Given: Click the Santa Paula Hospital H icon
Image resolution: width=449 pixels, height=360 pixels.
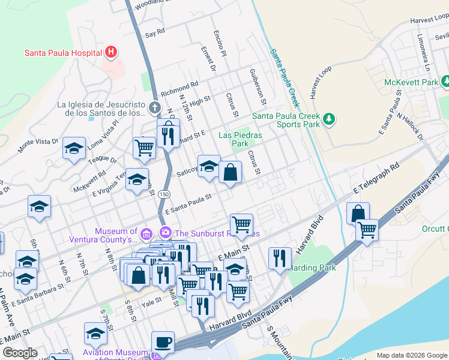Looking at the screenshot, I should pyautogui.click(x=110, y=52).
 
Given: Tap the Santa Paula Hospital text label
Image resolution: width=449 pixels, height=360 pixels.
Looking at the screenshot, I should pyautogui.click(x=62, y=53).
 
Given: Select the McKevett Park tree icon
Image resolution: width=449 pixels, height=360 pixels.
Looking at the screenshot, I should pyautogui.click(x=445, y=81).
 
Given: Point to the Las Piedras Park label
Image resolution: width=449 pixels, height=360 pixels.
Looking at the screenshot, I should pyautogui.click(x=241, y=139).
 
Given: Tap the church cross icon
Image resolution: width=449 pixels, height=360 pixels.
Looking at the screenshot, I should pyautogui.click(x=155, y=108).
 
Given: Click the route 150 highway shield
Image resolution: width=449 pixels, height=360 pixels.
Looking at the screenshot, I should pyautogui.click(x=164, y=194).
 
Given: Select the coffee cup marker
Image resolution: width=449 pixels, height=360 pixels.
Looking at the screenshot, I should pyautogui.click(x=163, y=342).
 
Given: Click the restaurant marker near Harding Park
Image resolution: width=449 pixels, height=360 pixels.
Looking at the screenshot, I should pyautogui.click(x=280, y=258).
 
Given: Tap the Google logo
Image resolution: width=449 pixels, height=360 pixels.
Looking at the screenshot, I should pyautogui.click(x=20, y=353).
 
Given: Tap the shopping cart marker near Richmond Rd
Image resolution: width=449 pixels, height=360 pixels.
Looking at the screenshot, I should pyautogui.click(x=144, y=147).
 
